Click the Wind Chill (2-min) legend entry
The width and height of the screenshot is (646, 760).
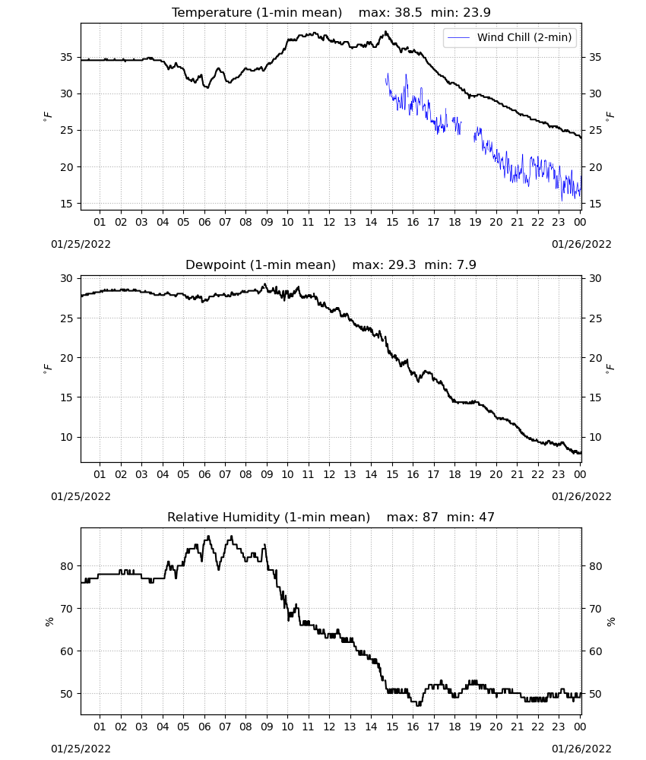[510, 37]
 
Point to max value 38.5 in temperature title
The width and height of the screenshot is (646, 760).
[409, 12]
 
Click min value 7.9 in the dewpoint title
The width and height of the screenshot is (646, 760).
[467, 264]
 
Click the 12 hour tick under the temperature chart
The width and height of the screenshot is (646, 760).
[329, 222]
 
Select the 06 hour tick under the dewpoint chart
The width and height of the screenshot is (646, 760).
[204, 474]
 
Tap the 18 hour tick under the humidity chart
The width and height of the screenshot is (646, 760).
[454, 727]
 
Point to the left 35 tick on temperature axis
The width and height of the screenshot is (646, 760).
[66, 57]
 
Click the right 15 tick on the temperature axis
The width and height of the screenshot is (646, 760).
[594, 204]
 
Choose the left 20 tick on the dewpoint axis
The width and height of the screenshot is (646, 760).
[66, 358]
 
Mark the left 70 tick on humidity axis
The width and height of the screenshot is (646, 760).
[66, 609]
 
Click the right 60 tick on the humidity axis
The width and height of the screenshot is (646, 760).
[594, 651]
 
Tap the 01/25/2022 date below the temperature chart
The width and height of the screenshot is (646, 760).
[81, 244]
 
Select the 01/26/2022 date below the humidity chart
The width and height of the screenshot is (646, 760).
[581, 749]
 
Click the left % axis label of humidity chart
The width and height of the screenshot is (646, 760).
[49, 622]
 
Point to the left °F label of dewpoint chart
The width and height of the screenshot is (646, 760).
[47, 369]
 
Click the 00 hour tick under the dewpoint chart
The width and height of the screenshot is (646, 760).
[580, 474]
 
